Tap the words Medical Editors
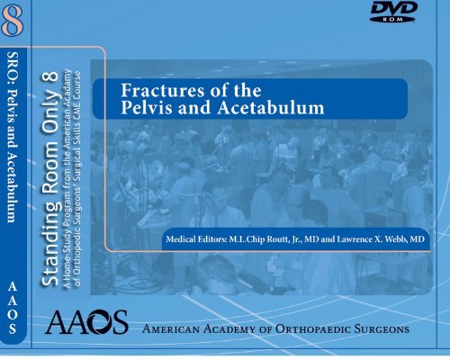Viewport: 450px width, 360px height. point(193,241)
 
